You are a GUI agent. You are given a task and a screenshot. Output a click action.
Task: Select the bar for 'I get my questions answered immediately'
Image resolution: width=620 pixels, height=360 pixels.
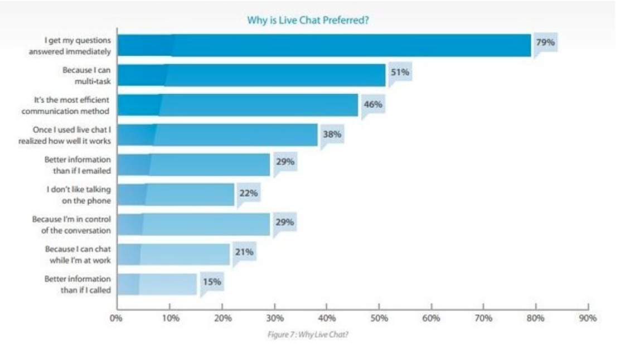[x=324, y=45]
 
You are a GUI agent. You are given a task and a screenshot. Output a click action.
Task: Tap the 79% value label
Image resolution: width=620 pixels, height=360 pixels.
[x=545, y=42]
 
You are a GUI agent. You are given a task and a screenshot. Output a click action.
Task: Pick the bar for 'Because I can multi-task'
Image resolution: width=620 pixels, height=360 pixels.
[x=251, y=75]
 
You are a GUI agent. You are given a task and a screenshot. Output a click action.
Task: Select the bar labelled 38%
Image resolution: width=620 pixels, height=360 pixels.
[x=217, y=135]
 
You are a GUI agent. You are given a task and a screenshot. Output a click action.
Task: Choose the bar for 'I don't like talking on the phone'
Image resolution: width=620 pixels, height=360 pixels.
[x=176, y=194]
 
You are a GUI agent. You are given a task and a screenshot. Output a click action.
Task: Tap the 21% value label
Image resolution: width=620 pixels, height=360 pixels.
[x=244, y=252]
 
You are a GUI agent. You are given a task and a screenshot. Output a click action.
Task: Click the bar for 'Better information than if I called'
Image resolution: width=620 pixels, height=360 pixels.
[x=157, y=284]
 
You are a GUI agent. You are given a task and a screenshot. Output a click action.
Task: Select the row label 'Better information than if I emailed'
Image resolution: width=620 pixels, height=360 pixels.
[x=77, y=165]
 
